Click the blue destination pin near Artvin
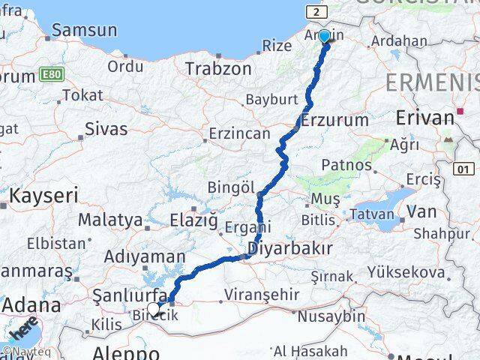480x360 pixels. (x=324, y=35)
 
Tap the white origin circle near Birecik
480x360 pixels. (x=153, y=308)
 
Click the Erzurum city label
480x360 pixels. (x=334, y=120)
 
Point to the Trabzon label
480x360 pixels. (x=218, y=68)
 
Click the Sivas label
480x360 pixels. (x=106, y=128)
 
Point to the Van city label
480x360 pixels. (x=422, y=211)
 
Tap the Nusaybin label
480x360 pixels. (x=331, y=316)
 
